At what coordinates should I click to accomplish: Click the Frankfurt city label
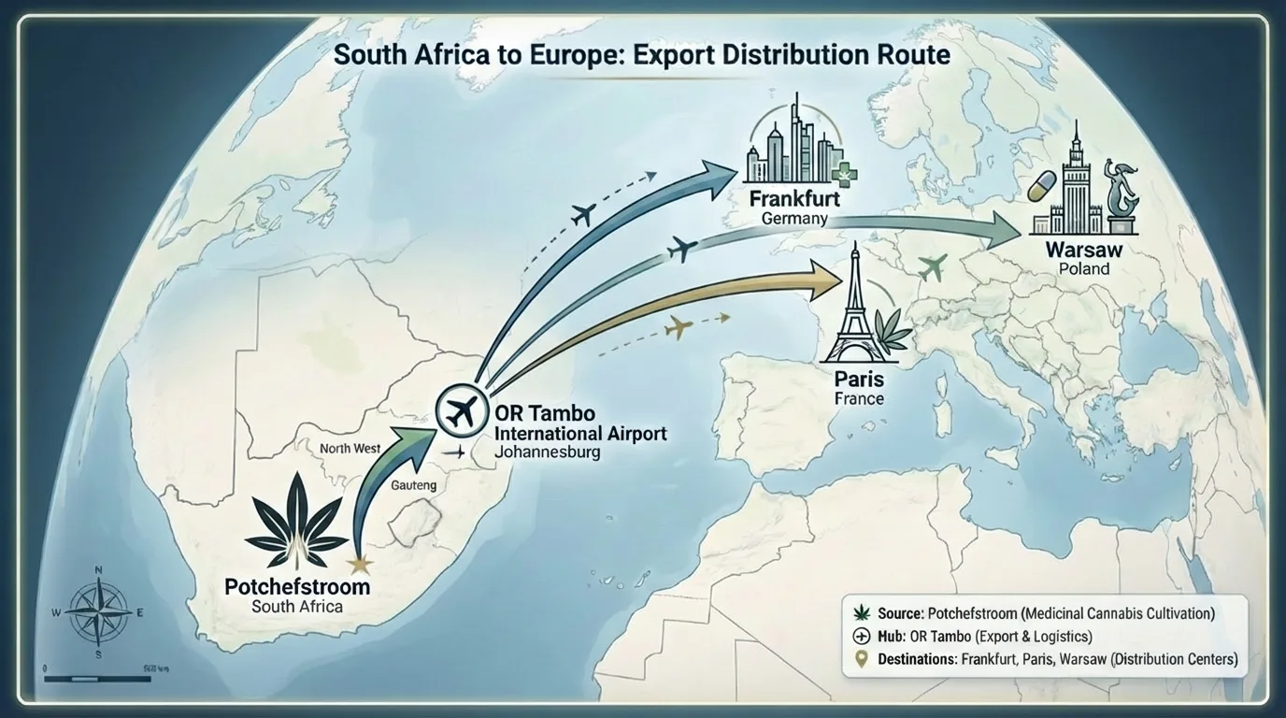(x=793, y=199)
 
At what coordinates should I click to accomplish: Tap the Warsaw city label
(x=1084, y=251)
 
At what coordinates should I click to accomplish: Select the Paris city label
(x=858, y=381)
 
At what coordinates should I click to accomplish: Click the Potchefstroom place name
(x=297, y=587)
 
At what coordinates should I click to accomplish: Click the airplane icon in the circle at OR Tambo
(x=459, y=410)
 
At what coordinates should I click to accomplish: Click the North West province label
(x=350, y=449)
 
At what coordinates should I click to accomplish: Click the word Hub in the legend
(x=891, y=637)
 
